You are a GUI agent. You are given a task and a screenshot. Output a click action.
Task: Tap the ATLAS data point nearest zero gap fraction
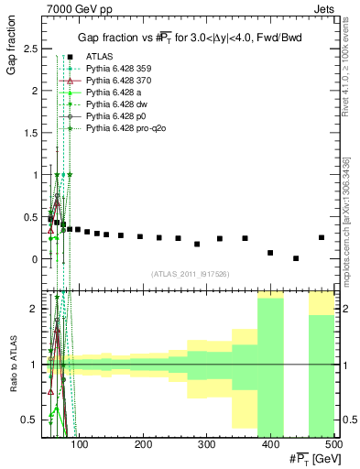point(295,258)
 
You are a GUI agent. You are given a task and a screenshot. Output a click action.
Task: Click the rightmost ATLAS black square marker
point(321,237)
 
